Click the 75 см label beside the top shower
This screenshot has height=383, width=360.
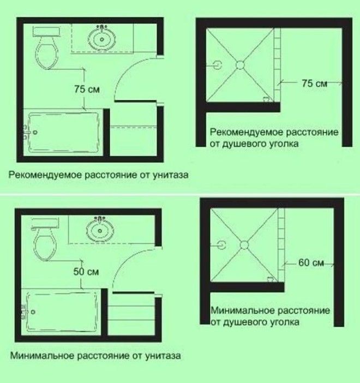coord(314,83)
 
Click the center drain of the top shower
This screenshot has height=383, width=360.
coord(239,65)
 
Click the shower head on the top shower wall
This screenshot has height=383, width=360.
coord(218,65)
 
